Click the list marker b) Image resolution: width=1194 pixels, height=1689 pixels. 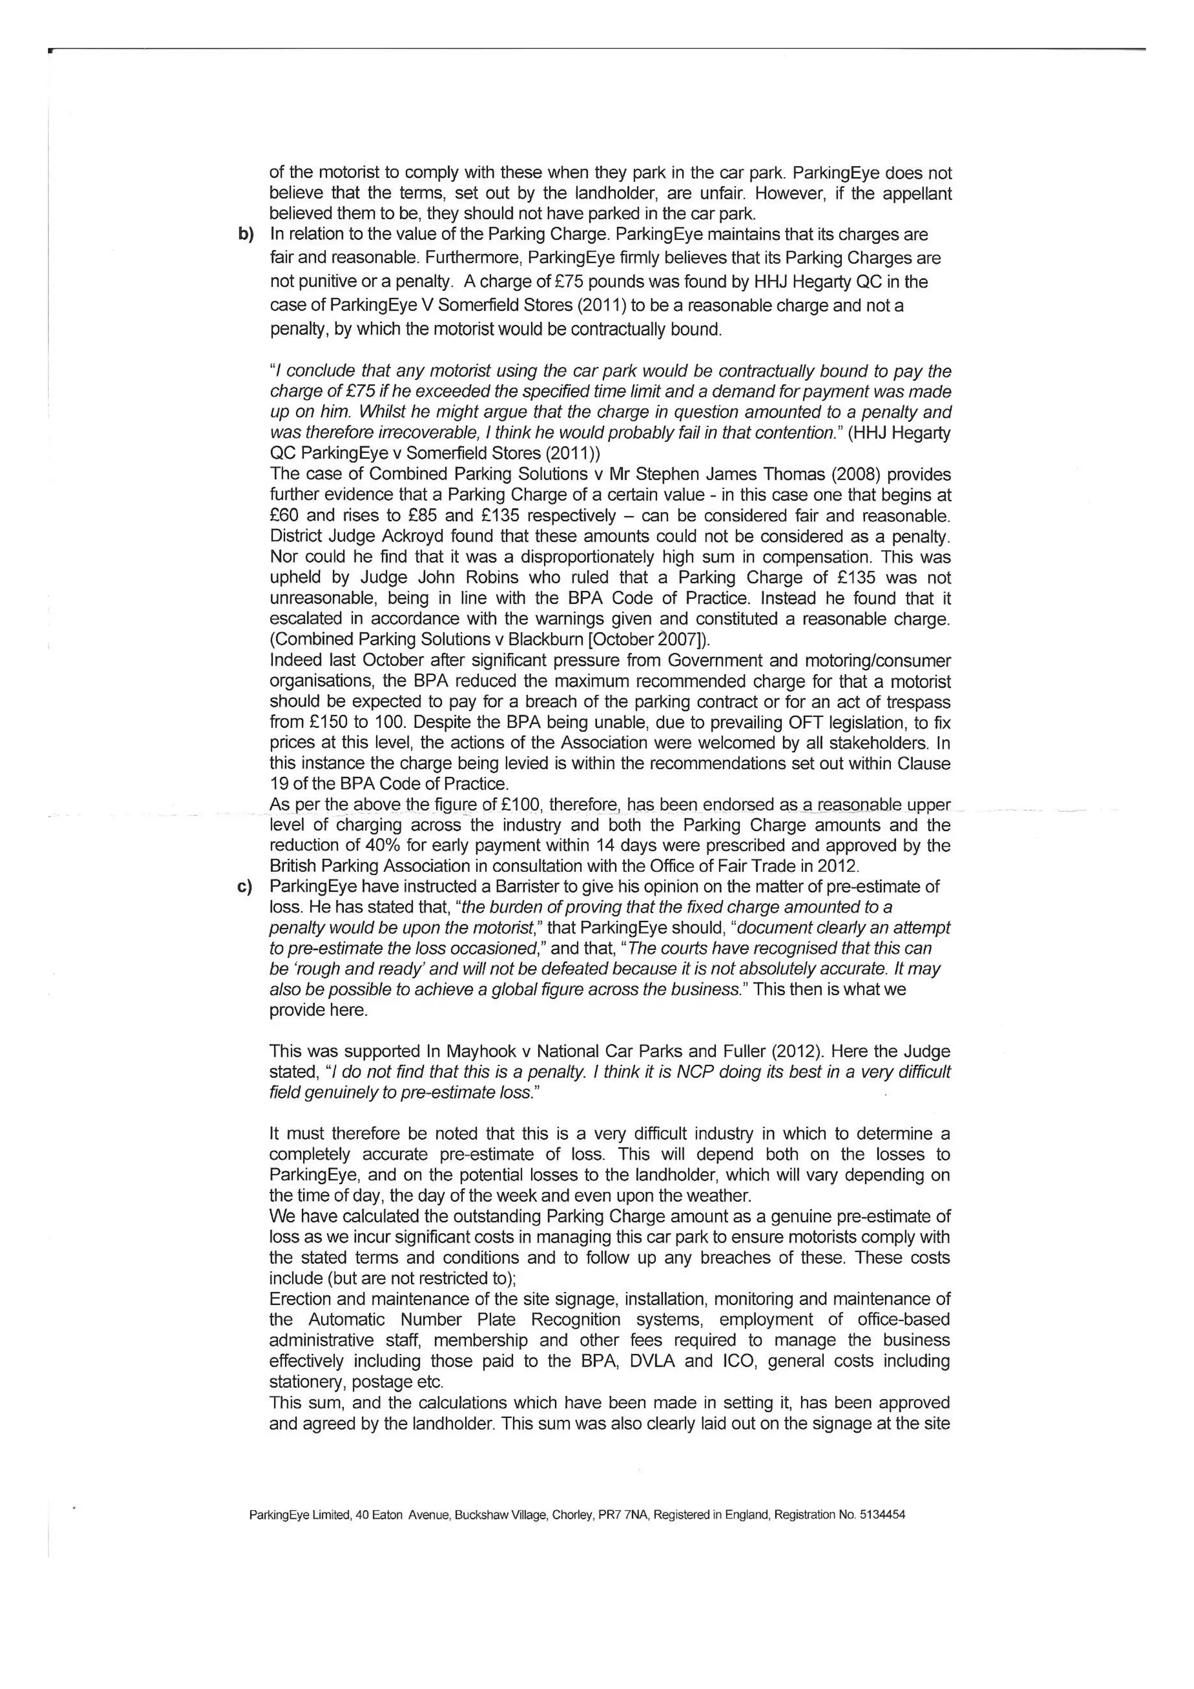[245, 235]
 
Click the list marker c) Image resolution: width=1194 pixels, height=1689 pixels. [245, 886]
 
